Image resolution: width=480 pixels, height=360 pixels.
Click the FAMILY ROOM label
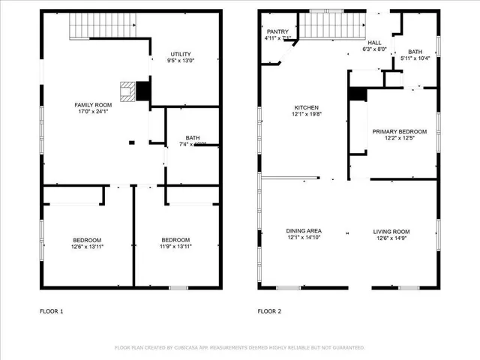point(93,104)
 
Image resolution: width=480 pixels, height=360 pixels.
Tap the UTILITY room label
point(181,54)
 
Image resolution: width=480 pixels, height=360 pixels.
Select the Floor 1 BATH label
point(193,137)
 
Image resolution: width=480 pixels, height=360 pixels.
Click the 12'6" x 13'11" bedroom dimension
point(87,246)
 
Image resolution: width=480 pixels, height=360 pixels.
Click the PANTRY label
point(272,31)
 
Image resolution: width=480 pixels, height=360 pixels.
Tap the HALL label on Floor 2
point(373,43)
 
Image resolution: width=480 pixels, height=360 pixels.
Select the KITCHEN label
point(306,107)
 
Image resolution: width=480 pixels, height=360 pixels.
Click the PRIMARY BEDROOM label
point(400,131)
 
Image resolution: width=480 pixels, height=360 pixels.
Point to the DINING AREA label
point(304,231)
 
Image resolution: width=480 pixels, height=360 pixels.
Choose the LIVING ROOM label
point(391,231)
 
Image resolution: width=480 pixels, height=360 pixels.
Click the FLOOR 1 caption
point(52,310)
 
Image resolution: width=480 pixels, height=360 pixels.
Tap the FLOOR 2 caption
point(269,310)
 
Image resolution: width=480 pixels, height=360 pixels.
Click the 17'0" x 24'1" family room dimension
point(93,111)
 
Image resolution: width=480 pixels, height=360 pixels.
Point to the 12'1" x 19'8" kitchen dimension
point(306,114)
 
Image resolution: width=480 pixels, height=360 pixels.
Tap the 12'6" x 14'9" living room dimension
point(391,238)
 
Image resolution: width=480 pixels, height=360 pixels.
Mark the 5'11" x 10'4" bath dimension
point(415,58)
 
